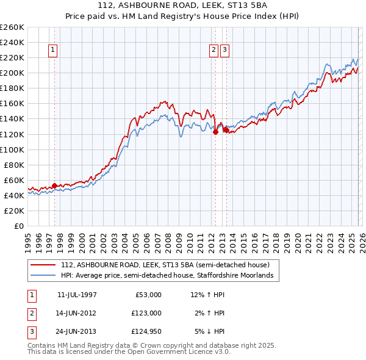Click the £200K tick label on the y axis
coord(12,73)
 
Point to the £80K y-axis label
coord(14,165)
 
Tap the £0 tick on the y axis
coord(19,226)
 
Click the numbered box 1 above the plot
coord(54,51)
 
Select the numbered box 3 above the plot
coord(225,51)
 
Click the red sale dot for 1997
coord(54,185)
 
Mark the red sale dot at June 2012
coord(215,131)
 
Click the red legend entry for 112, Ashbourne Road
coord(169,265)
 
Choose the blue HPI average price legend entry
coord(170,275)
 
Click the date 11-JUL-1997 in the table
coord(77,295)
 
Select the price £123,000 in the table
coord(146,313)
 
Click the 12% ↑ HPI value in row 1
coord(208,295)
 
